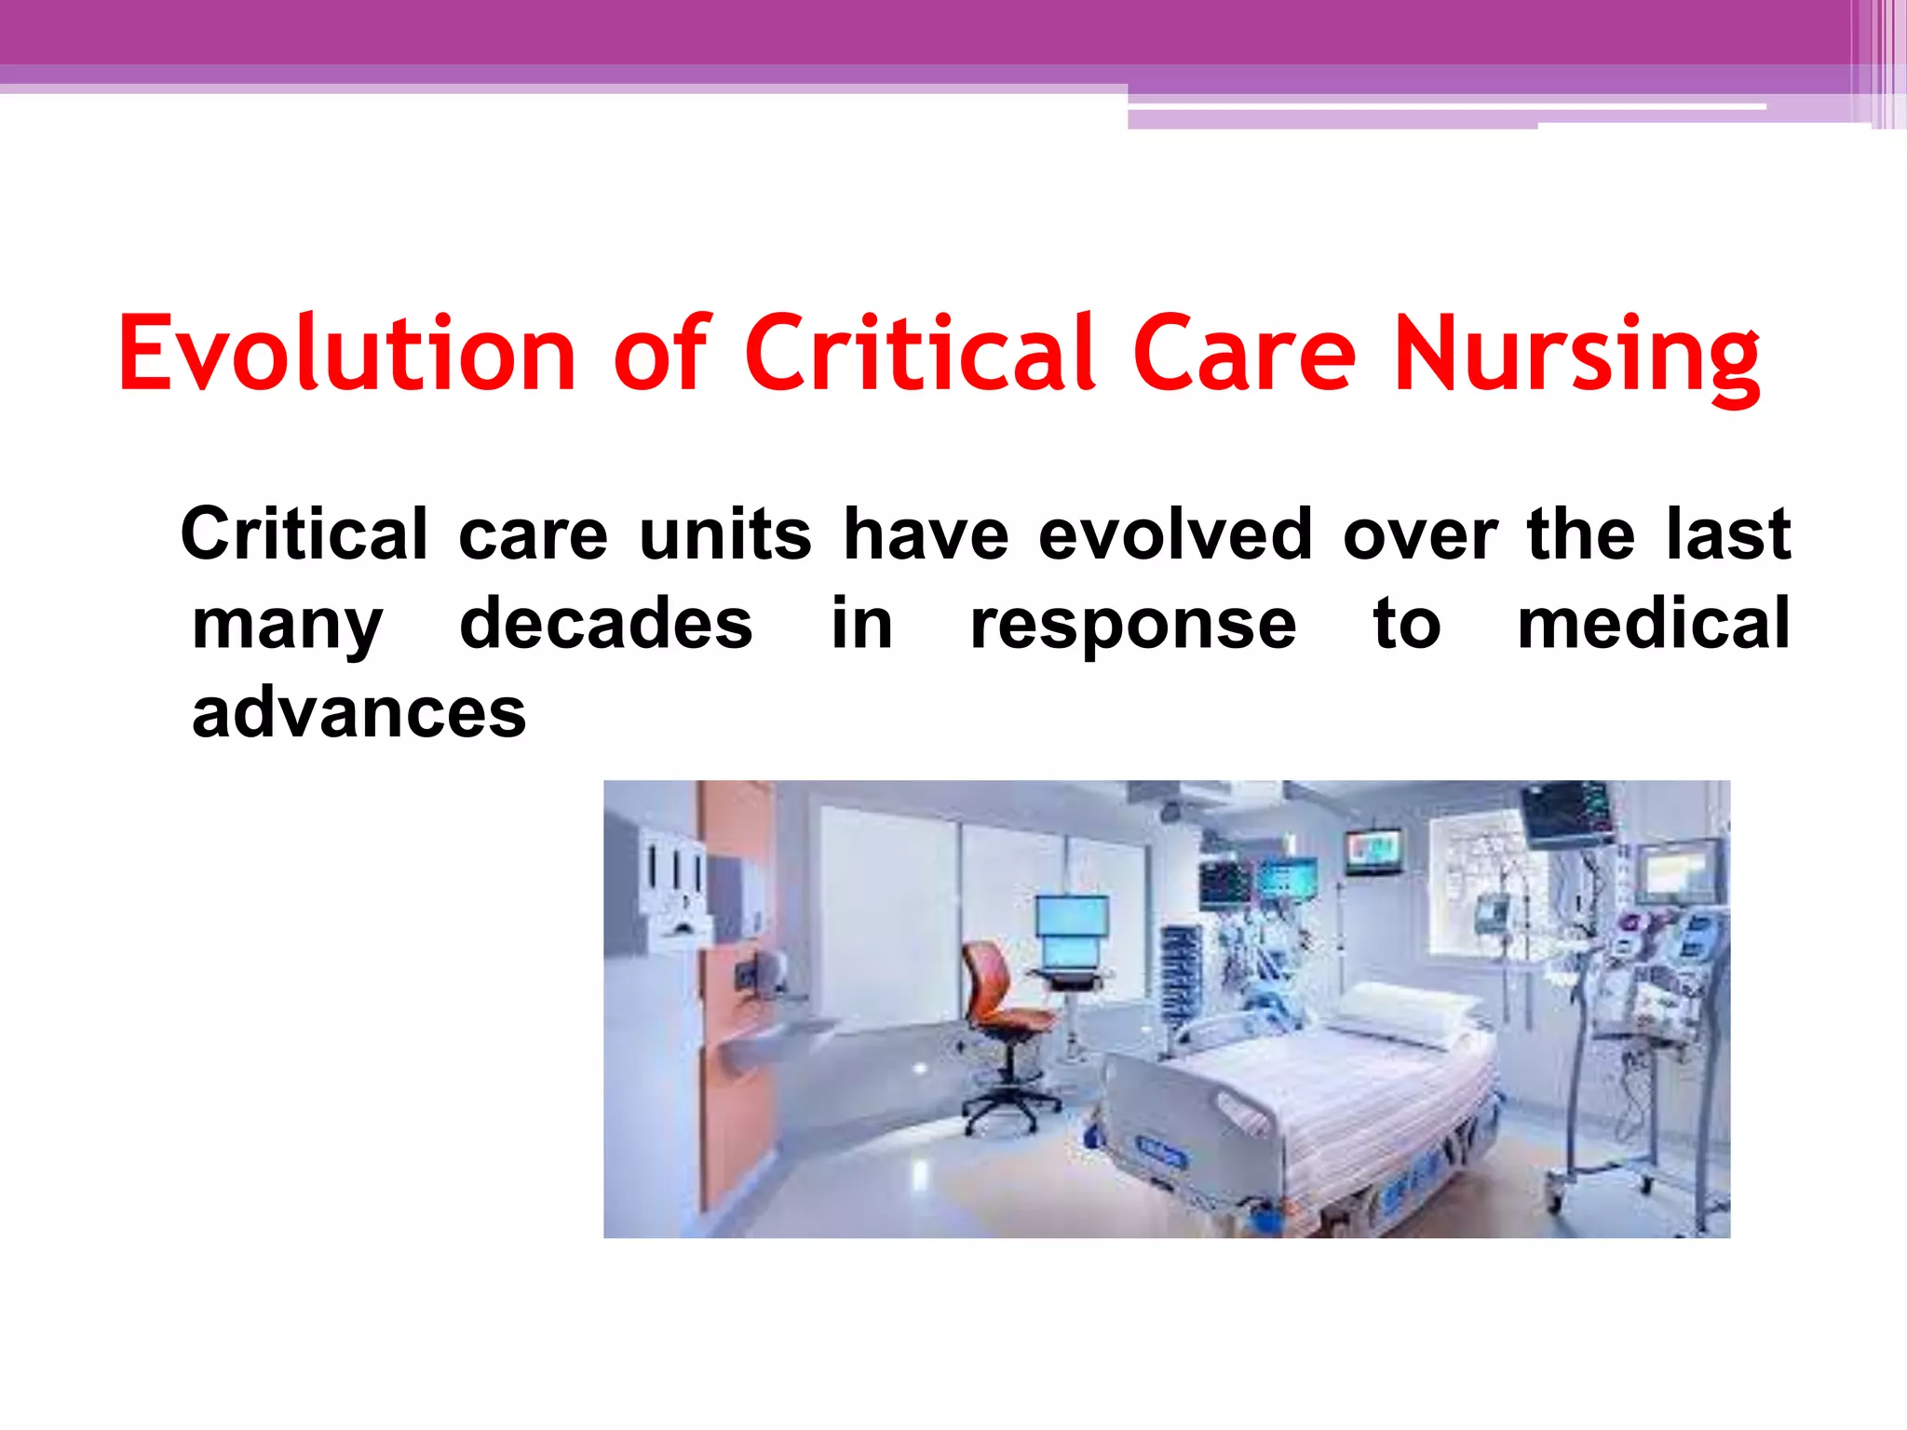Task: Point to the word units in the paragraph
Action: tap(724, 534)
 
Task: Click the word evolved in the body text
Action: tap(1175, 534)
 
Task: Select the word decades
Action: tap(605, 624)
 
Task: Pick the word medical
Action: tap(1653, 624)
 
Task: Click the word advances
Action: tap(358, 713)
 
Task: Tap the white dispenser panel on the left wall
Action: tap(674, 884)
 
